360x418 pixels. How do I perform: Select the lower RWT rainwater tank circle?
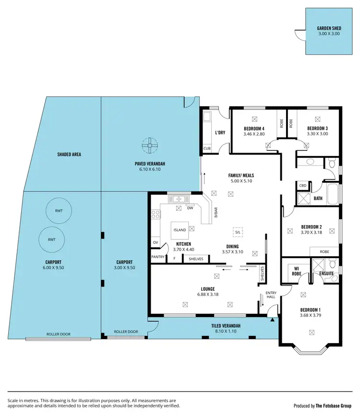(52, 239)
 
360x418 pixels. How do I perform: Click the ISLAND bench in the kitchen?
(180, 230)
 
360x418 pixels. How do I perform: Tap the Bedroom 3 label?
(317, 129)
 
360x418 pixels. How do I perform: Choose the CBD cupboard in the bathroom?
(303, 185)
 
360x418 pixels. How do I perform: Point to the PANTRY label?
(158, 257)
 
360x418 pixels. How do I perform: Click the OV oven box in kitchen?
(156, 243)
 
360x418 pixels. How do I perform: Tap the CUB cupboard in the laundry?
(207, 148)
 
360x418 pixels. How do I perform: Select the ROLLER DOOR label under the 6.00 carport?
(58, 334)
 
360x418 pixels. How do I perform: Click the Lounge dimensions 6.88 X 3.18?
(208, 294)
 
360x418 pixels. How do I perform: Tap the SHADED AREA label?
(69, 155)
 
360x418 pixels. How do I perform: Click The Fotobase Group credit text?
(334, 406)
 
